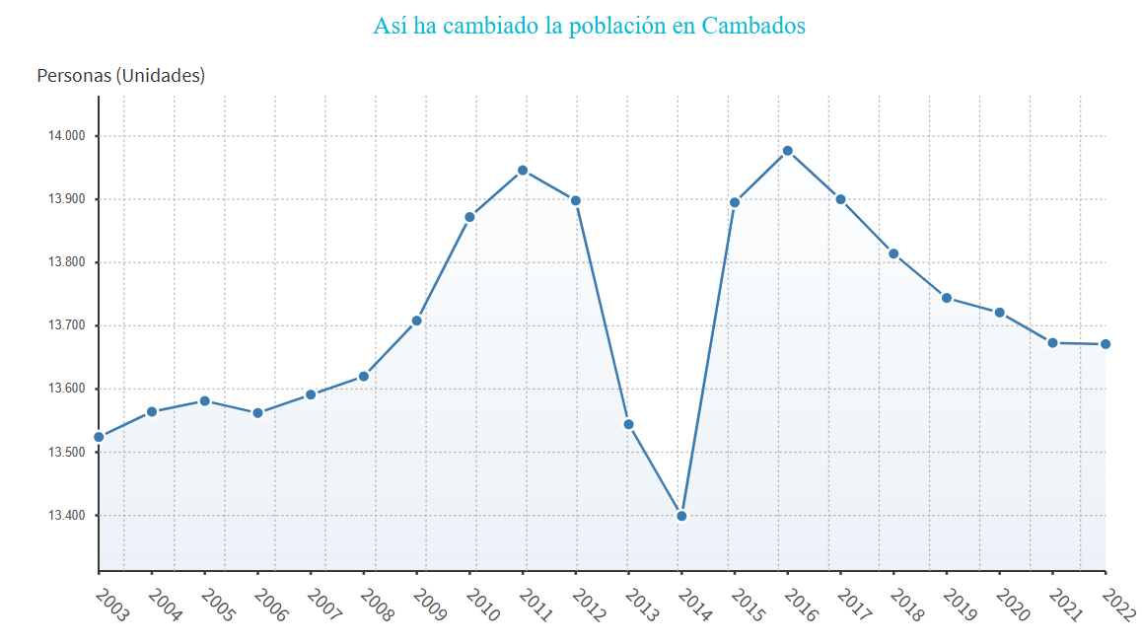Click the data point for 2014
pos(681,516)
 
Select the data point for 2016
pos(787,151)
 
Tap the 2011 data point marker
pos(523,171)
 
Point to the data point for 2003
pos(99,437)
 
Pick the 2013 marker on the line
pos(628,424)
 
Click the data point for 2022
pos(1106,344)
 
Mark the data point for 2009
pos(417,321)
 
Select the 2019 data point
pos(947,298)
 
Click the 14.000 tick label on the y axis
pos(67,136)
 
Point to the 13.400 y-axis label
pos(67,516)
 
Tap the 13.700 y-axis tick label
pos(67,325)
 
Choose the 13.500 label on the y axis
pos(67,453)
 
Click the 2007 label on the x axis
pos(324,605)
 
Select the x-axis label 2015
pos(749,605)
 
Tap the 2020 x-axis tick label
pos(1013,605)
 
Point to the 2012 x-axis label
pos(589,605)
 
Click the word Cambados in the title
pos(753,26)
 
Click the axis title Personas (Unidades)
pos(120,75)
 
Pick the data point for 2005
pos(204,400)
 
